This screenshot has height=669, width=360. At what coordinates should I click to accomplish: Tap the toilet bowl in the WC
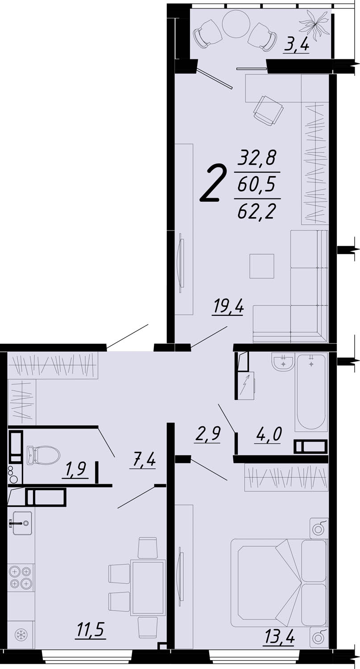tap(43, 455)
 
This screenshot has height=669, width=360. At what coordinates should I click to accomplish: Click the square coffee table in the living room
tap(262, 266)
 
